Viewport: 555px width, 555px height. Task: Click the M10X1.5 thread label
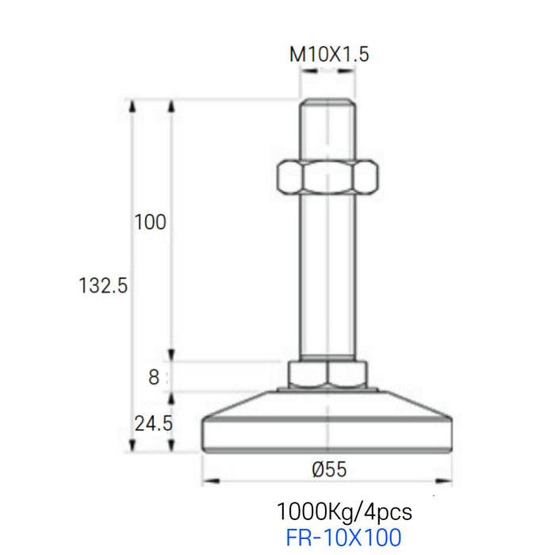(x=329, y=55)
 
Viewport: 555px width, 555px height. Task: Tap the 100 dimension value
(x=150, y=222)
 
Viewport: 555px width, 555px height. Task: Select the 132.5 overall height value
(x=102, y=285)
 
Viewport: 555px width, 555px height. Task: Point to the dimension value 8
(x=154, y=377)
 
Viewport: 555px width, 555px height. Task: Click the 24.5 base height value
(x=153, y=423)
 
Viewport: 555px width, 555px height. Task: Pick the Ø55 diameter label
(x=329, y=469)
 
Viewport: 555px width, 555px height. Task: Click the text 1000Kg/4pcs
(x=344, y=512)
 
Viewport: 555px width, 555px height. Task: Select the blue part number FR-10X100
(x=343, y=538)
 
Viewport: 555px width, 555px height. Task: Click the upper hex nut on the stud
(x=327, y=177)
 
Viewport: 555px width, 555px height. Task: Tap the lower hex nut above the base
(x=327, y=375)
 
